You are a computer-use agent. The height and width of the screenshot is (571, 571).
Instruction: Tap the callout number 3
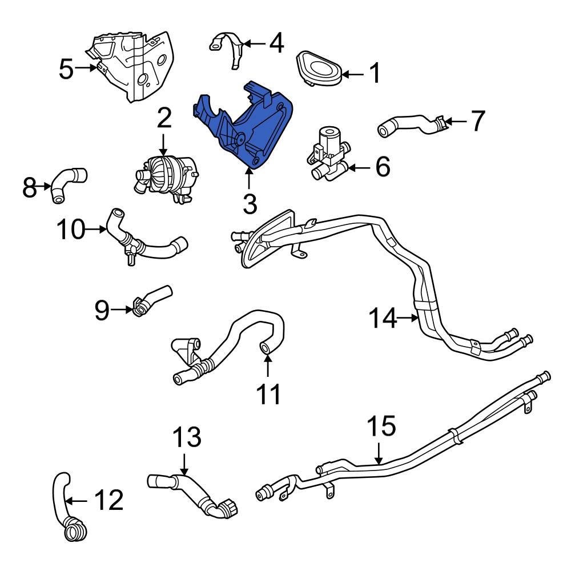250,204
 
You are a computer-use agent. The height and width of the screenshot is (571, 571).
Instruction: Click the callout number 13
187,437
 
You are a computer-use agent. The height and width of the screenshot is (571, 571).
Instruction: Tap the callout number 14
381,318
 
